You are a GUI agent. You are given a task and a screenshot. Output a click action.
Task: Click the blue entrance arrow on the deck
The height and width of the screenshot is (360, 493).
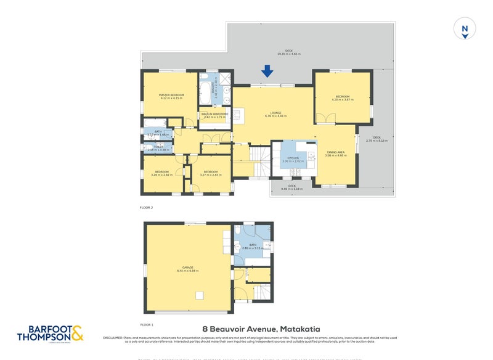click(x=267, y=72)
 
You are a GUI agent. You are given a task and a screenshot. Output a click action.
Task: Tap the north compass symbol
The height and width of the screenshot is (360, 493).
click(x=465, y=28)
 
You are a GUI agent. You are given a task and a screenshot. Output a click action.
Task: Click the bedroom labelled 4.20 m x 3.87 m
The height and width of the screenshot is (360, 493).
click(x=342, y=100)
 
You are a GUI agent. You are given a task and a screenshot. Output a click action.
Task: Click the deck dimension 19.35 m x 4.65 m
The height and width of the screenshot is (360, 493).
click(x=288, y=54)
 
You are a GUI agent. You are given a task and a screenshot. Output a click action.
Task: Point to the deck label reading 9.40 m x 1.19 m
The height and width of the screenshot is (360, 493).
click(x=292, y=189)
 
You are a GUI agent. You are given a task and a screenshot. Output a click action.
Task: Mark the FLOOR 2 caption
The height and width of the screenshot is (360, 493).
click(x=146, y=208)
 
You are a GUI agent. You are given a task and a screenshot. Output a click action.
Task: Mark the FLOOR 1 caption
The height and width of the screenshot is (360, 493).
click(x=146, y=324)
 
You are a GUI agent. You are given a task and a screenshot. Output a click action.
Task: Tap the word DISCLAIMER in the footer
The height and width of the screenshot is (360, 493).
click(x=114, y=337)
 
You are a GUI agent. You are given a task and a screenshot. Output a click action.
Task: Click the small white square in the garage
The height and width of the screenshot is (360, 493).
click(x=199, y=295)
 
